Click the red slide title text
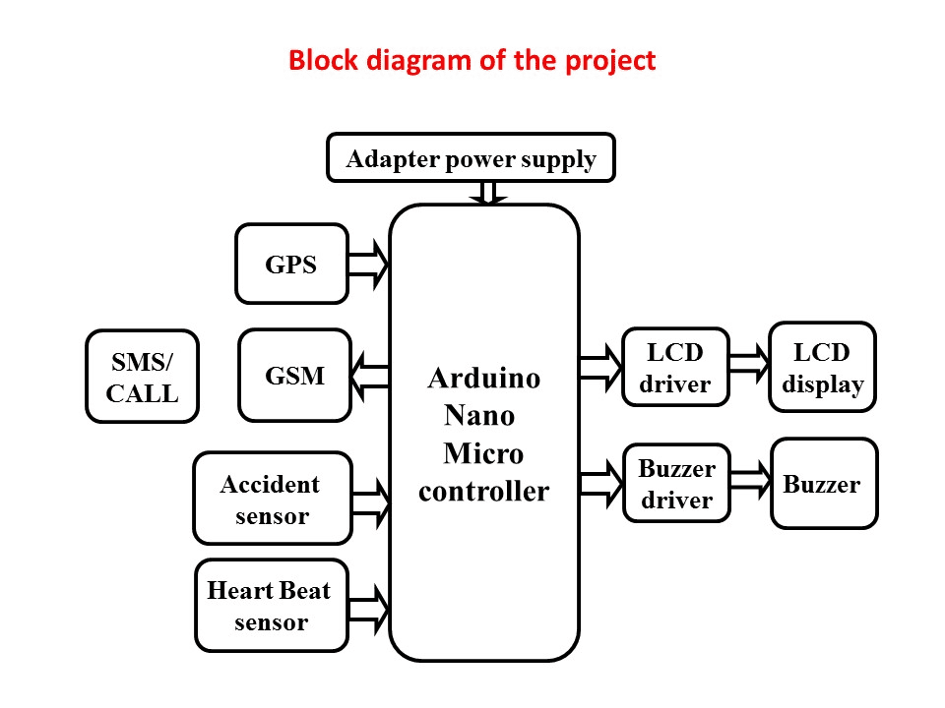pos(472,61)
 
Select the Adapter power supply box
pos(471,158)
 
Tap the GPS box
pos(291,264)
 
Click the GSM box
pos(294,376)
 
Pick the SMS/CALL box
pos(142,377)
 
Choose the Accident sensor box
pos(272,499)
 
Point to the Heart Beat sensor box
pos(271,606)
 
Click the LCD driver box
pos(675,367)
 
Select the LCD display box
pos(822,367)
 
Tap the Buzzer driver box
pos(675,484)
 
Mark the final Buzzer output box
pos(823,484)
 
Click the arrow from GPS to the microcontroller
pos(369,264)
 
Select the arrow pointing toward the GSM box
pos(370,376)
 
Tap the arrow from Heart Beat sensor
pos(369,606)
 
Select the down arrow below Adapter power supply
pos(486,193)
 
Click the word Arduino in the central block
pos(483,378)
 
